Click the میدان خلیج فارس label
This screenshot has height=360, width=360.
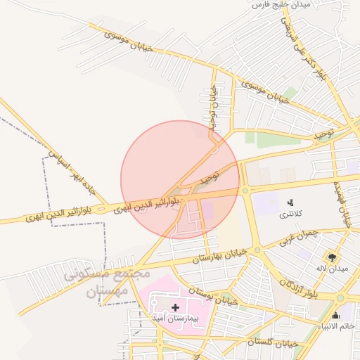point(281,5)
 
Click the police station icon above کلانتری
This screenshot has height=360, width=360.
point(290,202)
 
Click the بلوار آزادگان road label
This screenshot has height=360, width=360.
point(297,286)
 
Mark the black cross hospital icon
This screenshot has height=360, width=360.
point(175,307)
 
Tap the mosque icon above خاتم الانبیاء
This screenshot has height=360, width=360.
point(335,314)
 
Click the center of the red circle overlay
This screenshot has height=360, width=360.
point(180,180)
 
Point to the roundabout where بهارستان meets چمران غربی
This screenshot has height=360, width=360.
point(257,250)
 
